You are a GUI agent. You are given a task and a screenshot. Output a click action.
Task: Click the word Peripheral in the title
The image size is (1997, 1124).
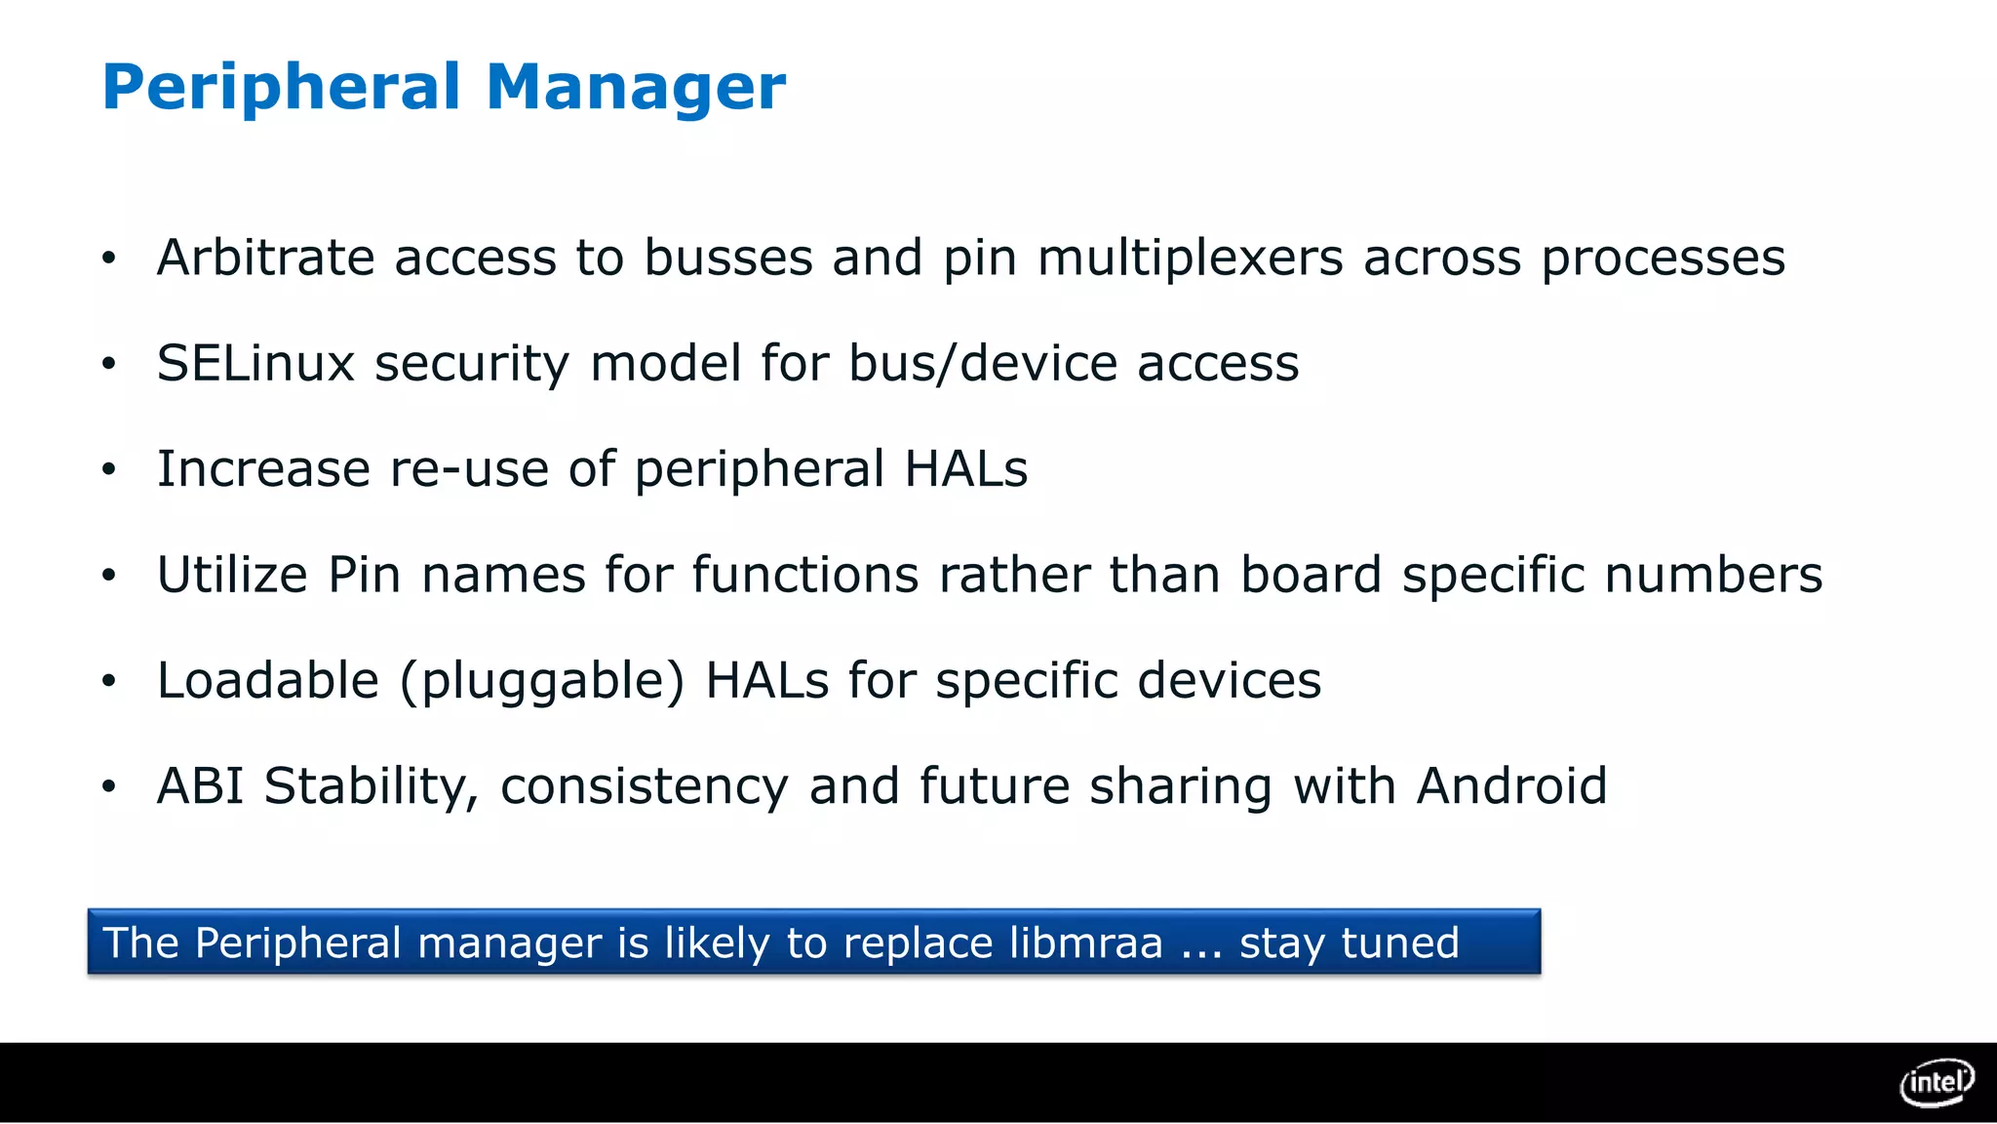click(281, 88)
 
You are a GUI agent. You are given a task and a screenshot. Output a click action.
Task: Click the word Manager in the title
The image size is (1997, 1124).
click(635, 88)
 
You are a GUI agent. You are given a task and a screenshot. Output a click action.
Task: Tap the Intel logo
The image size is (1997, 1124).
click(1937, 1082)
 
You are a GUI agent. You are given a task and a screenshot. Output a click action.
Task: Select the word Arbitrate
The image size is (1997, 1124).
click(265, 258)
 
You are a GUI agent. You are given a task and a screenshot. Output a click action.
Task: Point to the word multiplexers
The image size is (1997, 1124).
click(1190, 260)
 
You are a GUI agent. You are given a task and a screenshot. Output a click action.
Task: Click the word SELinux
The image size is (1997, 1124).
click(255, 363)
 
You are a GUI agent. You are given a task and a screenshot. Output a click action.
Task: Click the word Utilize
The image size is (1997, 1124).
click(232, 575)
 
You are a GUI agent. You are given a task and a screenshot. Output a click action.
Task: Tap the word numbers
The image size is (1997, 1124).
click(1713, 575)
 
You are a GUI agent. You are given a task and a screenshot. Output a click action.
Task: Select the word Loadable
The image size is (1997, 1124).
click(267, 680)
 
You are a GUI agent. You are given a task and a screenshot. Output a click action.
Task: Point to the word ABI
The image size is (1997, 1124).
click(200, 785)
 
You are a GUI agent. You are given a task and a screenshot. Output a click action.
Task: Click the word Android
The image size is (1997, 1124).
click(1511, 785)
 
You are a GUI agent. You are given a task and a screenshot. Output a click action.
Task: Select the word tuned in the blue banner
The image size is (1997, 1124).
click(1400, 943)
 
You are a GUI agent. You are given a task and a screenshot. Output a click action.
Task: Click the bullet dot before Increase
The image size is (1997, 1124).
click(108, 469)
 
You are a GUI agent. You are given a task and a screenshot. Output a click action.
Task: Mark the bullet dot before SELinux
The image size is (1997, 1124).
click(108, 364)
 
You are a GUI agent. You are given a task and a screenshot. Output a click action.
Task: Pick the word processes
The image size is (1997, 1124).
click(1663, 260)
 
